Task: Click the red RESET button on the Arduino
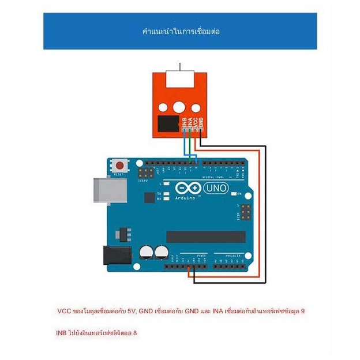pyautogui.click(x=120, y=166)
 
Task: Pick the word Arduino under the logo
pyautogui.click(x=186, y=198)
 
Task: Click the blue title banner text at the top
pyautogui.click(x=181, y=31)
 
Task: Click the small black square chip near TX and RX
pyautogui.click(x=149, y=198)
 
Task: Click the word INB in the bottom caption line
pyautogui.click(x=62, y=333)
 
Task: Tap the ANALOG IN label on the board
pyautogui.click(x=228, y=254)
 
